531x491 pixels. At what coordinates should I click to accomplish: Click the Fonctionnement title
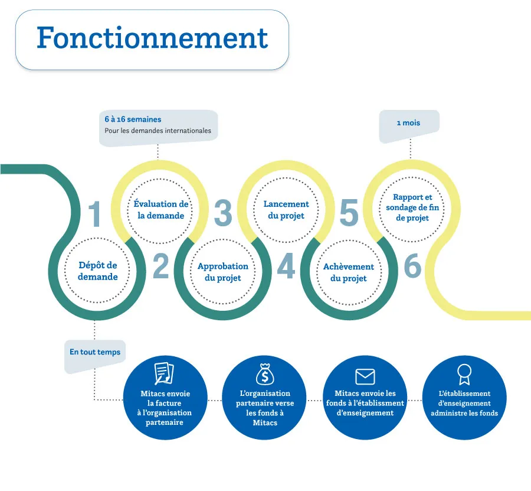[152, 38]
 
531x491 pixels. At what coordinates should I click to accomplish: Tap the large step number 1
[94, 214]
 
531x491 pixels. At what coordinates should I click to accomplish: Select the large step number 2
[161, 267]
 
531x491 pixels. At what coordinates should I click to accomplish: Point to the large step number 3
[223, 214]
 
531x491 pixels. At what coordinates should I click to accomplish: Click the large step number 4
[286, 267]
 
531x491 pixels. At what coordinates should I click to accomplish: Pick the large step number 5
[349, 214]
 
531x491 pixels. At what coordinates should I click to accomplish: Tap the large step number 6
[413, 267]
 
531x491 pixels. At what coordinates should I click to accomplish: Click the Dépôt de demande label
[98, 271]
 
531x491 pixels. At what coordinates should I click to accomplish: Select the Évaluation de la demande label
[160, 210]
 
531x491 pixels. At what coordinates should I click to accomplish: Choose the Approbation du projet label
[223, 272]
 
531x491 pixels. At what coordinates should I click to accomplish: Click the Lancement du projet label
[286, 210]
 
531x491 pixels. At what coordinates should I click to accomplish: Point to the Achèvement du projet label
[349, 272]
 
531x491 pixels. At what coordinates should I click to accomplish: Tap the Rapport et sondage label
[412, 207]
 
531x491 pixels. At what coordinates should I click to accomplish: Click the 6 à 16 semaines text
[133, 120]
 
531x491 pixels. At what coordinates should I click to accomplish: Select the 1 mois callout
[408, 123]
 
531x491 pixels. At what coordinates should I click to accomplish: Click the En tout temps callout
[95, 352]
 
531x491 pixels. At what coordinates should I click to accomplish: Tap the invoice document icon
[164, 374]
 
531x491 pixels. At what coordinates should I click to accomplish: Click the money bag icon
[265, 374]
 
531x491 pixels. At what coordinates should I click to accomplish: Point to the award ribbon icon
[464, 374]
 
